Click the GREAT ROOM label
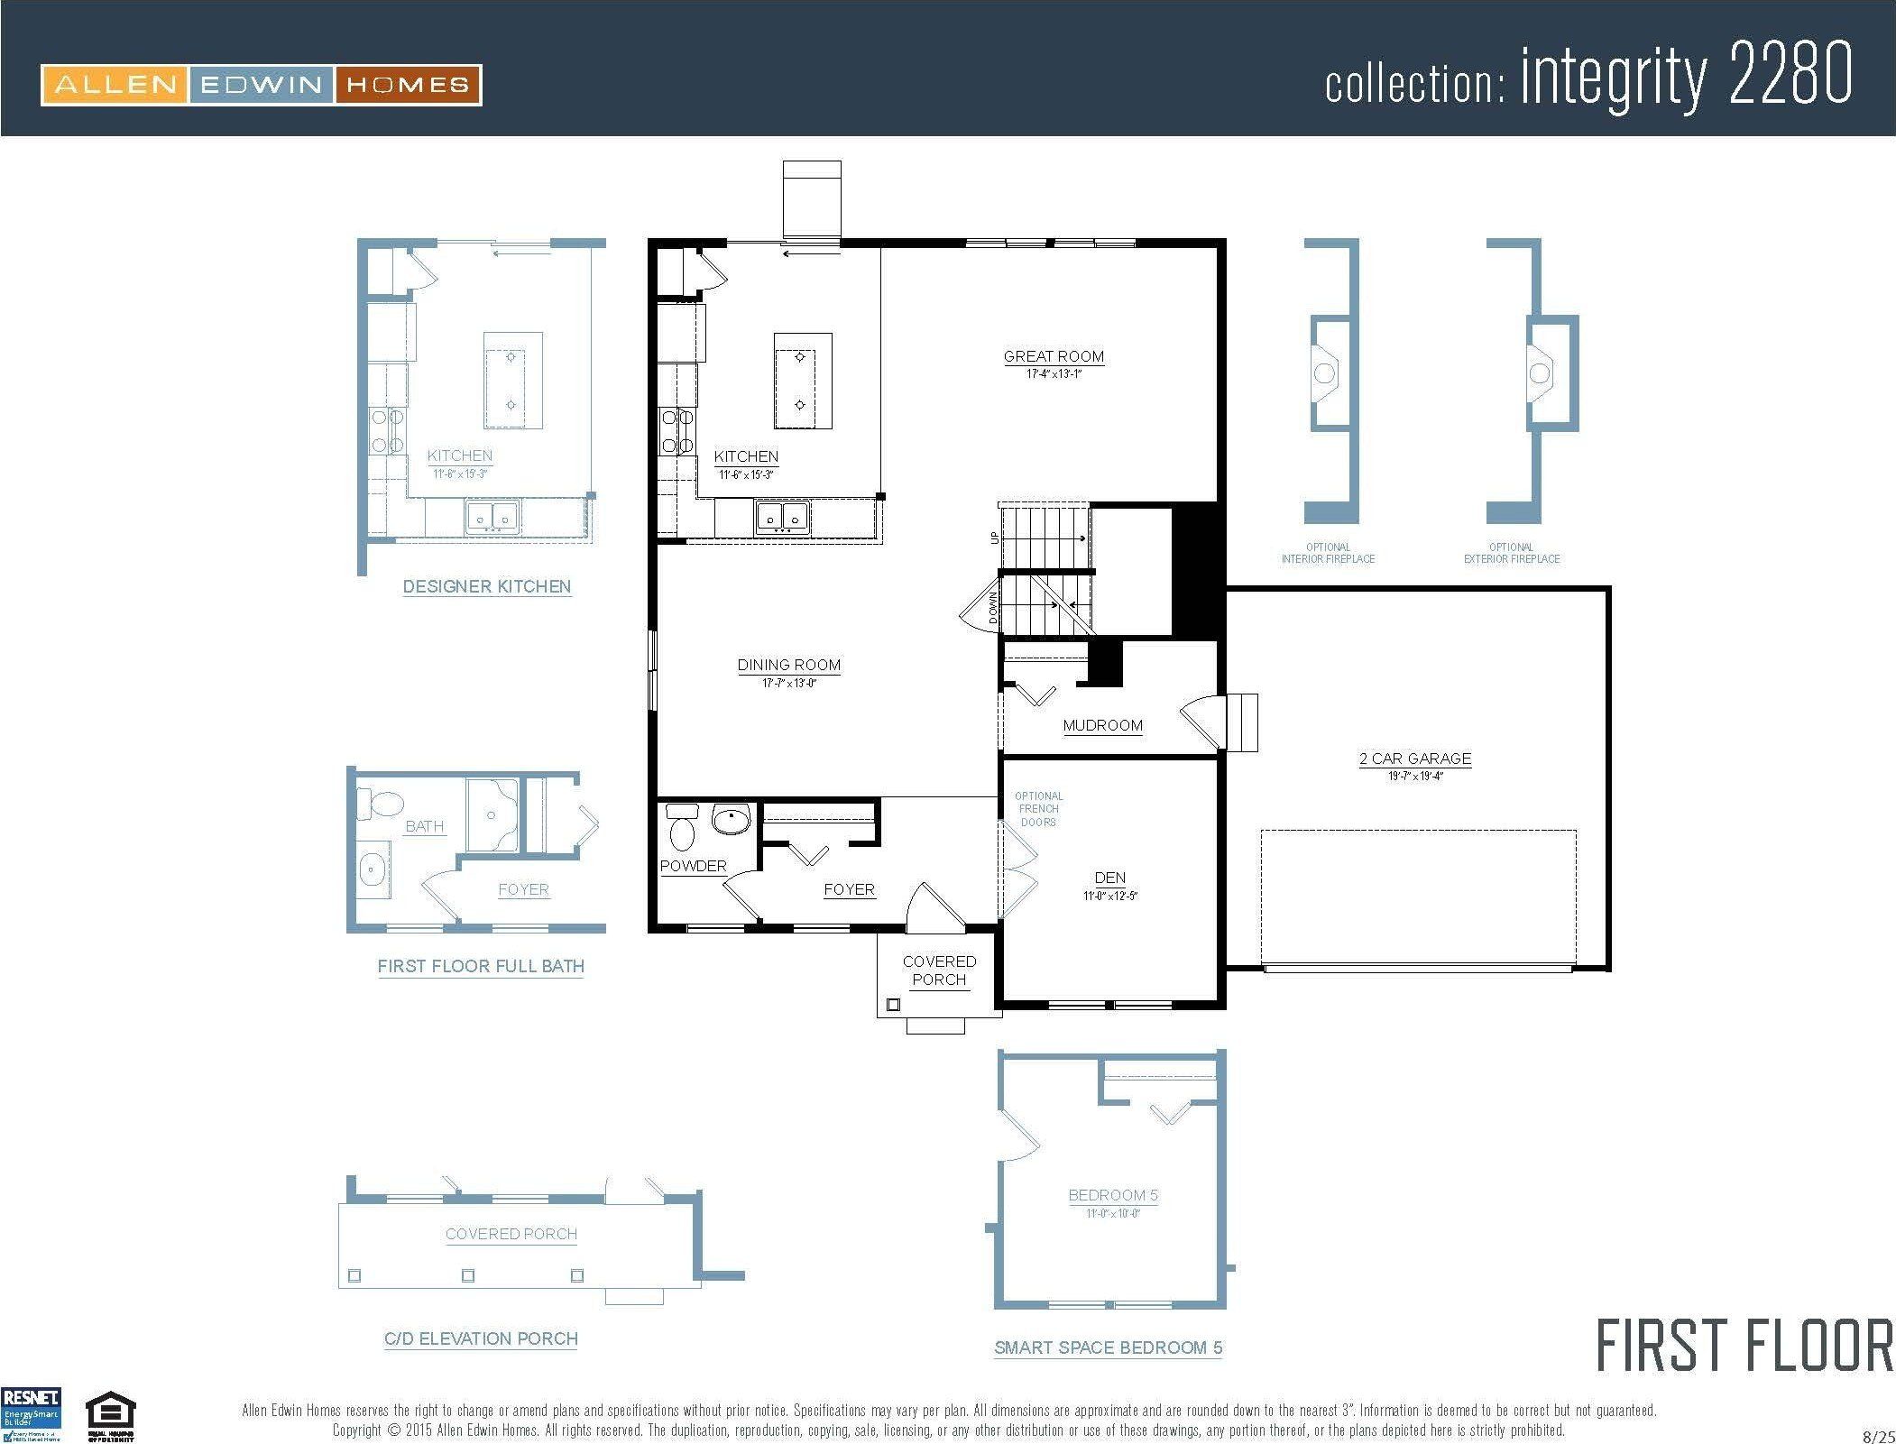point(1054,356)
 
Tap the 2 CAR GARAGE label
point(1414,759)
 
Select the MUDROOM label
point(1102,725)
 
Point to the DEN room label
point(1109,878)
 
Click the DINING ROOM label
point(788,665)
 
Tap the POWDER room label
point(693,866)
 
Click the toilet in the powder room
point(683,827)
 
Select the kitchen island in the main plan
point(802,382)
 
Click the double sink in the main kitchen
point(782,517)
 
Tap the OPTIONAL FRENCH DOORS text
point(1038,809)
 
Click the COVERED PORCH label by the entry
point(939,970)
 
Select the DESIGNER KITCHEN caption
point(486,586)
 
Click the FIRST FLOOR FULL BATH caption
point(481,966)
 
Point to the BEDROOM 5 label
point(1113,1195)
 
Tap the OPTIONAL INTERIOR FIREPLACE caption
point(1328,553)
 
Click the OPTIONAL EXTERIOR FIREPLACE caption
point(1511,553)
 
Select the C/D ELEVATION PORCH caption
point(481,1338)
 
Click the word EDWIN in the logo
point(262,86)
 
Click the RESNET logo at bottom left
point(32,1413)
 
